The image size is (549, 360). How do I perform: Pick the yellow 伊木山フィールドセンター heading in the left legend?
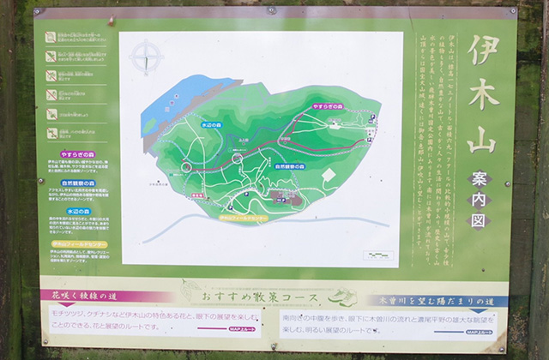(78, 243)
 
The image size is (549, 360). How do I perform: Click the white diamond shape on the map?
(327, 175)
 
